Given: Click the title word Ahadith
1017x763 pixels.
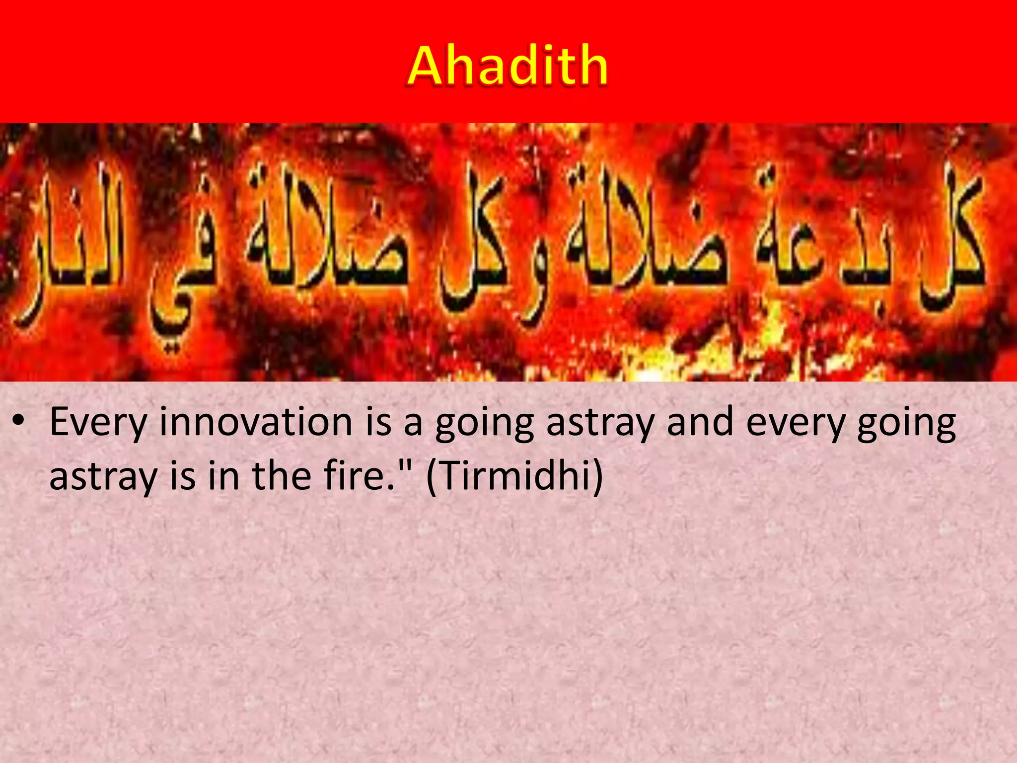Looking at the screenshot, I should (x=508, y=66).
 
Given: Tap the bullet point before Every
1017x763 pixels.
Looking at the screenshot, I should (x=19, y=422).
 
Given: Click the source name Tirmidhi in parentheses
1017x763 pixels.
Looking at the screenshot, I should (x=514, y=476).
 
